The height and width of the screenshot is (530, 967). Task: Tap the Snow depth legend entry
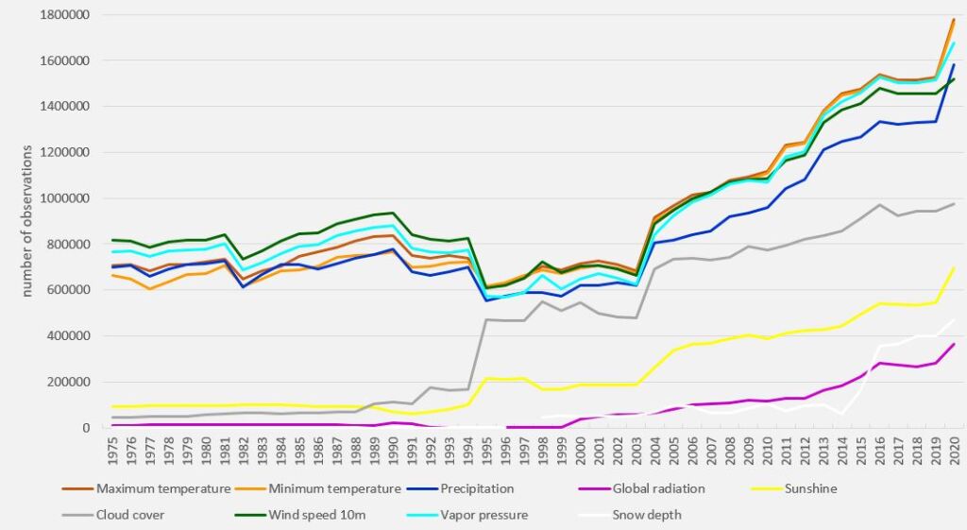tap(648, 515)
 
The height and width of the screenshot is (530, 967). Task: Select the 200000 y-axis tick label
tap(66, 382)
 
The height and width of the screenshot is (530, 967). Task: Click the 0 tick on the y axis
tap(83, 428)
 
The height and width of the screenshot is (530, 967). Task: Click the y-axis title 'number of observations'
tap(28, 220)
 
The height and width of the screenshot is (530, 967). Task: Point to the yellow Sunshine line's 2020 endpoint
tap(954, 268)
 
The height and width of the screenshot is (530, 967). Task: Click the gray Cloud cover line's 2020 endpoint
tap(954, 204)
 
